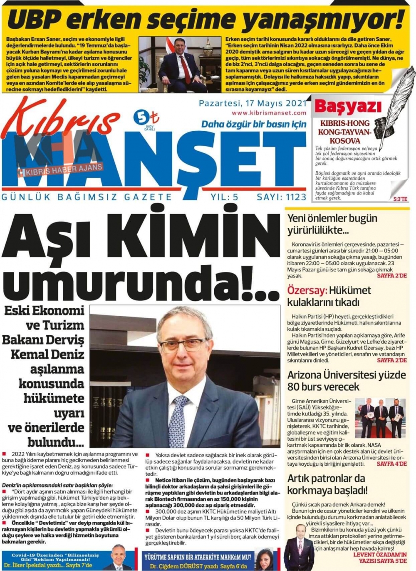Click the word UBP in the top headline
pos(35,20)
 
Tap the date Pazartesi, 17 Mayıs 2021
pos(253,103)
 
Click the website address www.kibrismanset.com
pos(269,113)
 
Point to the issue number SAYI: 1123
pos(281,197)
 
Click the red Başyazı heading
pos(348,107)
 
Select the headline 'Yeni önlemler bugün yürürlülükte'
pos(332,224)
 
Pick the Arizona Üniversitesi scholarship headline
pos(346,381)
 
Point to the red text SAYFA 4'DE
pos(391,464)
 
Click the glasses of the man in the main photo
pos(185,345)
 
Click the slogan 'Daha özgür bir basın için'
pos(253,124)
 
